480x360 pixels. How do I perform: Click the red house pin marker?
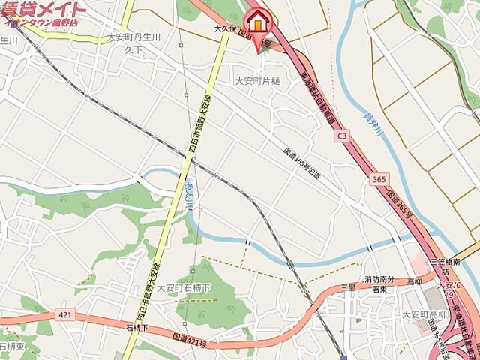[x=257, y=23]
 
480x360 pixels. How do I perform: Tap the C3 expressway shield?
[x=343, y=136]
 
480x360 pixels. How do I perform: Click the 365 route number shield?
[x=379, y=181]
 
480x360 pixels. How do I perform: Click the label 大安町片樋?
[x=257, y=80]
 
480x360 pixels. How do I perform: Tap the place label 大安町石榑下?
[x=184, y=287]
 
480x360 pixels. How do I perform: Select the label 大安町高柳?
[x=424, y=314]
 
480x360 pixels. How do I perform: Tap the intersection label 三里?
[x=348, y=288]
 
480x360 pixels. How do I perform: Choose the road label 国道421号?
[x=189, y=343]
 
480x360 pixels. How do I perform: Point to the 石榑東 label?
[x=11, y=347]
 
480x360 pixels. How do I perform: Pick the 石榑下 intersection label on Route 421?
[x=138, y=328]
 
